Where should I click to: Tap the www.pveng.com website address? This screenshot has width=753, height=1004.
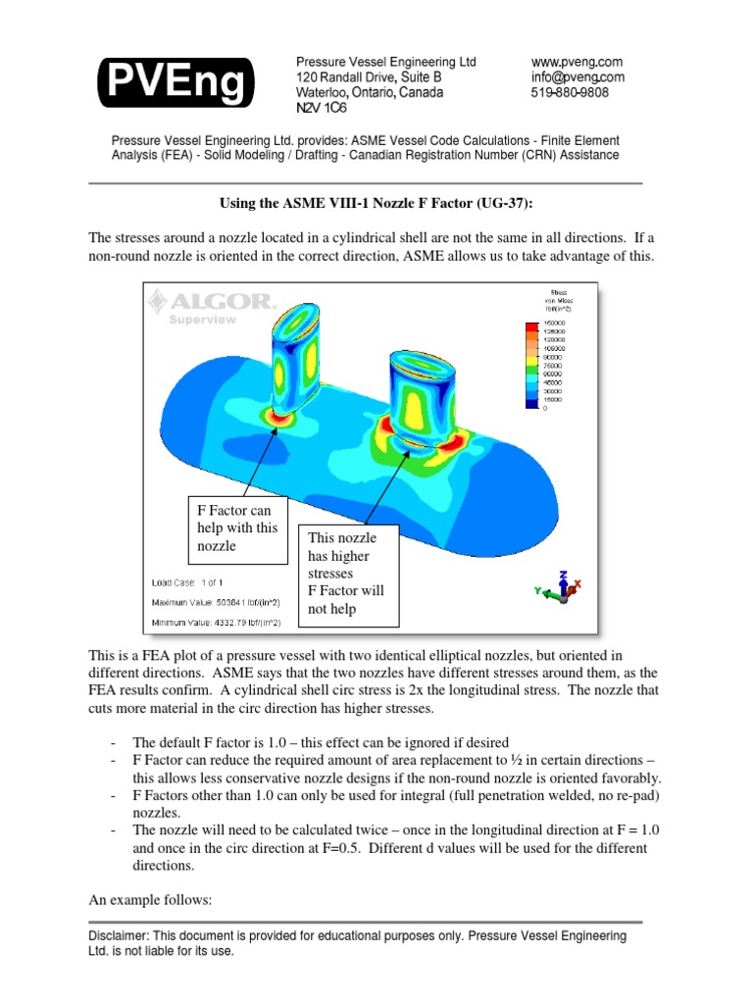coord(577,62)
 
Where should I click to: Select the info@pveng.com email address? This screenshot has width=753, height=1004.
coord(577,77)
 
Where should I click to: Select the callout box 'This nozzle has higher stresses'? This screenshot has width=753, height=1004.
coord(349,574)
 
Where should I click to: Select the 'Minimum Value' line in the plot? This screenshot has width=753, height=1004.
coord(216,622)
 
